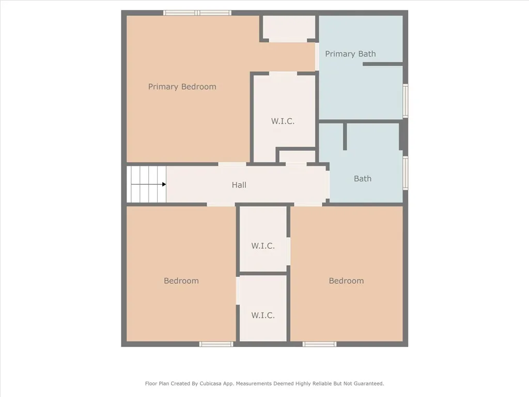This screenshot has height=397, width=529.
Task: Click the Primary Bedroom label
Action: [182, 87]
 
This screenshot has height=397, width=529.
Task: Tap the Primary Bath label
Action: [350, 54]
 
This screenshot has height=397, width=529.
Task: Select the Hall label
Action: [239, 185]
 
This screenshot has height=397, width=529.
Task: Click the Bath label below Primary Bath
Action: [362, 179]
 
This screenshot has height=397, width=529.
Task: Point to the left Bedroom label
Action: [181, 281]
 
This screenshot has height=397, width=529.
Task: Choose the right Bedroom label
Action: [346, 281]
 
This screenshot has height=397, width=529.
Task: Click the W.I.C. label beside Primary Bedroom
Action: [283, 121]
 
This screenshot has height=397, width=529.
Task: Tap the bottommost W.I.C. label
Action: [262, 315]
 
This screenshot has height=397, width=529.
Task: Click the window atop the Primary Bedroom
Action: [197, 13]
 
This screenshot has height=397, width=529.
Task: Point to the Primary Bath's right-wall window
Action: [406, 100]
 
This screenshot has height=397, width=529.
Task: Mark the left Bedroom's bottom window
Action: [216, 344]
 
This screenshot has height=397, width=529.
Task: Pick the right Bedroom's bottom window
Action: [319, 344]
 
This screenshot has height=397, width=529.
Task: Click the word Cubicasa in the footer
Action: [200, 384]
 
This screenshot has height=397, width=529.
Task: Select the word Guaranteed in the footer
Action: [367, 384]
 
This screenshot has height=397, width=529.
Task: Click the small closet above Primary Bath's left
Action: [289, 28]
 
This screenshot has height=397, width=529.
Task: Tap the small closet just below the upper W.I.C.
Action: [297, 157]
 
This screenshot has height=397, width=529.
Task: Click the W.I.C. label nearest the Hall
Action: [262, 246]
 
